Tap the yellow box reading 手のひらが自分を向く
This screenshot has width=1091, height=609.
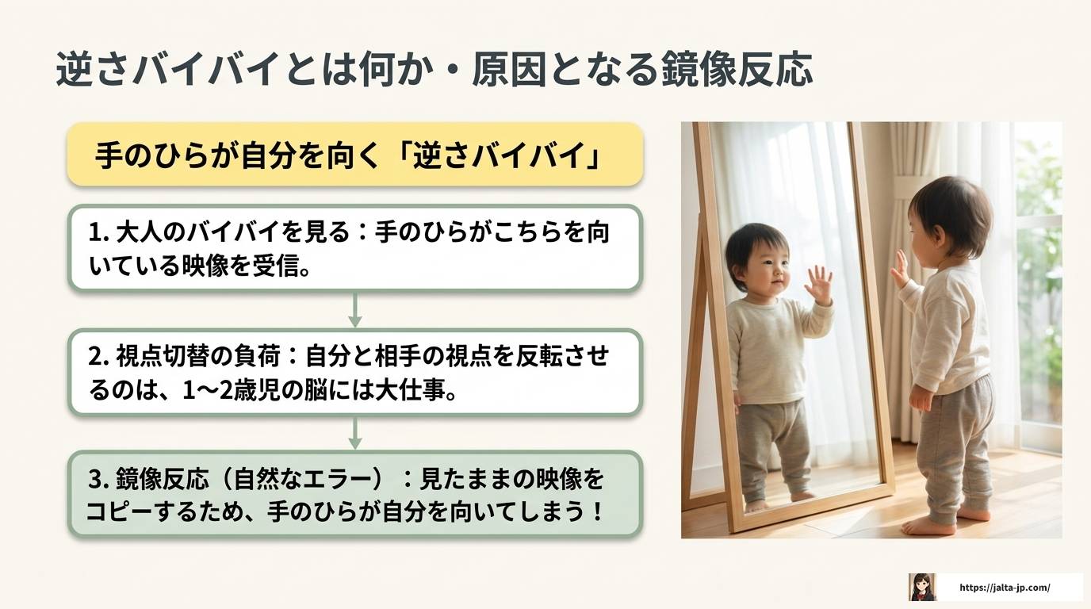click(x=354, y=155)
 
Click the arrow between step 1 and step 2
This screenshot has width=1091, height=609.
click(x=354, y=309)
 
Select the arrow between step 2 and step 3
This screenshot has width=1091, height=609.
click(x=354, y=433)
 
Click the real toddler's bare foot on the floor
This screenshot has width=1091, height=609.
click(x=931, y=526)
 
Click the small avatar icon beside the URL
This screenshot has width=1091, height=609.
click(x=922, y=588)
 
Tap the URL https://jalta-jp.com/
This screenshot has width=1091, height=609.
click(x=1005, y=588)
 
